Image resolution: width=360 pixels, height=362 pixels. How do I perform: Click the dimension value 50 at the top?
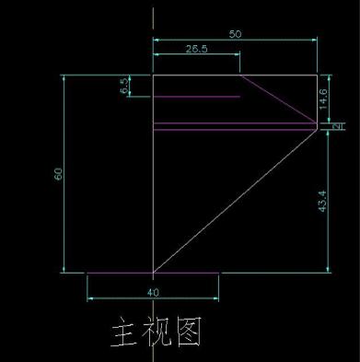click(x=236, y=33)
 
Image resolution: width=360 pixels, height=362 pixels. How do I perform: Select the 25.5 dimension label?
click(x=196, y=48)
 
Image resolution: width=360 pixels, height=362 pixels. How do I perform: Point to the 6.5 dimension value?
click(x=123, y=86)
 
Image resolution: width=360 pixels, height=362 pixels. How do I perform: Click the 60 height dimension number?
click(x=58, y=175)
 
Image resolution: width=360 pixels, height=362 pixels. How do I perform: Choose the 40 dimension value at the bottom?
click(x=152, y=291)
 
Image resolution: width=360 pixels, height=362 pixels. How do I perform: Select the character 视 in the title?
click(x=156, y=331)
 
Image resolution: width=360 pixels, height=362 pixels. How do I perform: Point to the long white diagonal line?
click(x=235, y=202)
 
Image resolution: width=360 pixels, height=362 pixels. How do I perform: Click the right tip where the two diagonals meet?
click(x=318, y=129)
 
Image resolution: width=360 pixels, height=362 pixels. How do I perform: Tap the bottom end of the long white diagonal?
click(x=154, y=273)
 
